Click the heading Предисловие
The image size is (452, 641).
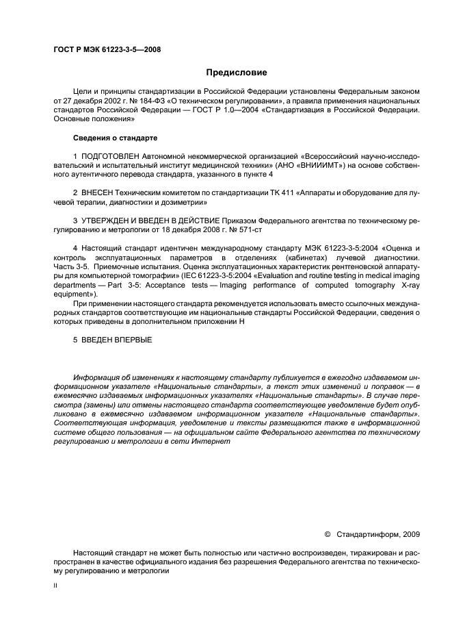coord(237,73)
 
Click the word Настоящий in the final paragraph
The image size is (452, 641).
coord(93,552)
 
